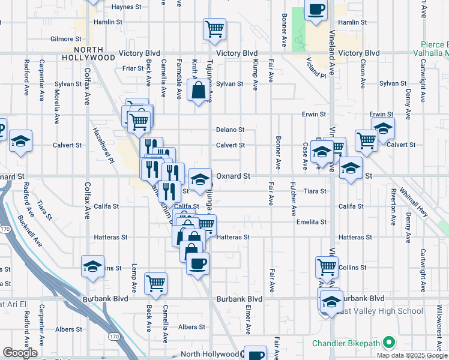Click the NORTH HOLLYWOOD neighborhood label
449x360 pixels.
[94, 53]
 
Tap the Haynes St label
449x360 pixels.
[125, 7]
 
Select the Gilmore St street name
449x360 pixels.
[62, 39]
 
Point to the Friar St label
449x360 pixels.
[133, 68]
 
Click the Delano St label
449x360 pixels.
[231, 130]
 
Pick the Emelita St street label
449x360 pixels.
[311, 221]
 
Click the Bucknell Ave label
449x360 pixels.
[29, 231]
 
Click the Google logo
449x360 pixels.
[20, 353]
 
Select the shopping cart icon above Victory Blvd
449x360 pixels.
[214, 28]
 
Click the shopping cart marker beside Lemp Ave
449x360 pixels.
[156, 282]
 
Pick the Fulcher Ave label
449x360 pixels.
[294, 199]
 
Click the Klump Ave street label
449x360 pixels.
[256, 74]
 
